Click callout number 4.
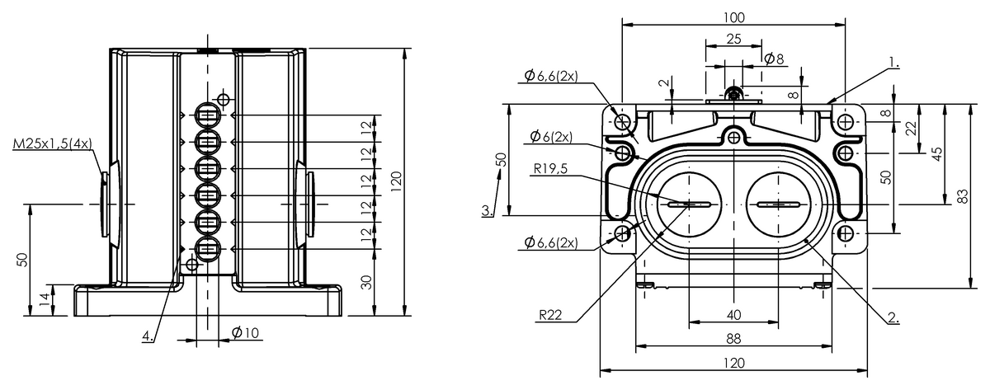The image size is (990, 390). pyautogui.click(x=147, y=336)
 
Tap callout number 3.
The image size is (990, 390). pyautogui.click(x=488, y=210)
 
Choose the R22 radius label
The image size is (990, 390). pyautogui.click(x=551, y=315)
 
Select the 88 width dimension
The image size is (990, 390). pyautogui.click(x=733, y=338)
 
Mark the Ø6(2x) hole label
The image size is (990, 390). pyautogui.click(x=550, y=136)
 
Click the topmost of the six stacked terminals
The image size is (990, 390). pyautogui.click(x=206, y=115)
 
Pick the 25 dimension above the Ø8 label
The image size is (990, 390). pyautogui.click(x=733, y=39)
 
